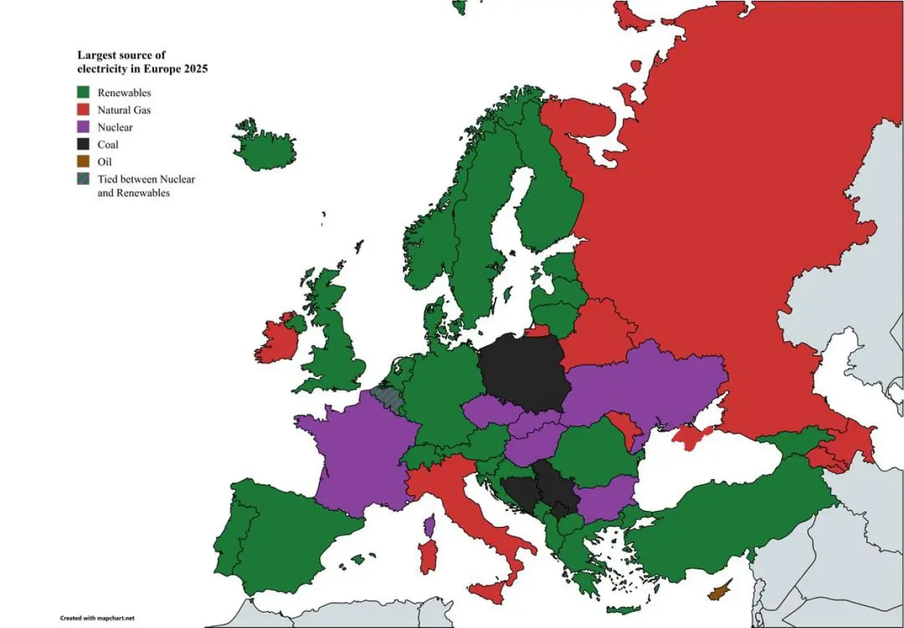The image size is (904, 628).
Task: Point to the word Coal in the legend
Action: pos(108,145)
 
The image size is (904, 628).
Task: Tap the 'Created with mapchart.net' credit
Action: pos(97,619)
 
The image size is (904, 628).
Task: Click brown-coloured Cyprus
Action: pos(719,592)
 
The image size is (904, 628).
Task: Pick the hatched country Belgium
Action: pos(389,397)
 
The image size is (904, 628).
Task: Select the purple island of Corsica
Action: pos(429,525)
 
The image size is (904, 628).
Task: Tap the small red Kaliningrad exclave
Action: pos(537,331)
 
